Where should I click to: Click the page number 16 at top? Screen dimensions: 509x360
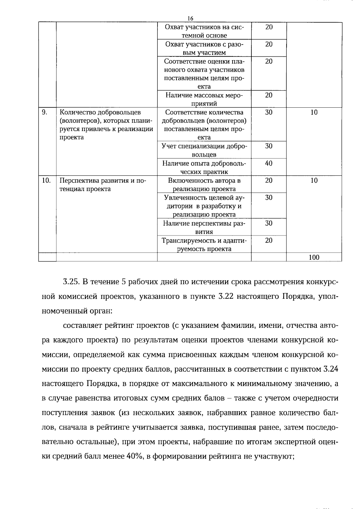point(190,19)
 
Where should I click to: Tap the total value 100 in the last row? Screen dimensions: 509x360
point(314,257)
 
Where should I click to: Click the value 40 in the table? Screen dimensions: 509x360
point(269,163)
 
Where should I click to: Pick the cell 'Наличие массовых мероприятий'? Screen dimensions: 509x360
point(204,99)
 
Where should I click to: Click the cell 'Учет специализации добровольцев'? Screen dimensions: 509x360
point(204,150)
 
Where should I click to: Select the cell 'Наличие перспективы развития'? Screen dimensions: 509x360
point(204,227)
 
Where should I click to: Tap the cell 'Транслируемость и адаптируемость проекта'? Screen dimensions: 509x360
point(204,244)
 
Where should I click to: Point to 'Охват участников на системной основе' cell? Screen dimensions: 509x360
point(204,31)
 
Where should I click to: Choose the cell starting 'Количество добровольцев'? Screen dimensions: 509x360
point(106,125)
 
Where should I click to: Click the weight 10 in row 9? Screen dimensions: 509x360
point(314,112)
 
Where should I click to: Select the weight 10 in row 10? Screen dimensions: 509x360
point(314,181)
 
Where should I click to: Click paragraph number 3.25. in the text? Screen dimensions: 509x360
point(71,282)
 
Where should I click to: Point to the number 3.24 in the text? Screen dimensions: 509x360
point(331,369)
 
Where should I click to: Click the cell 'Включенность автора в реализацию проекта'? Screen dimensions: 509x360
point(204,184)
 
